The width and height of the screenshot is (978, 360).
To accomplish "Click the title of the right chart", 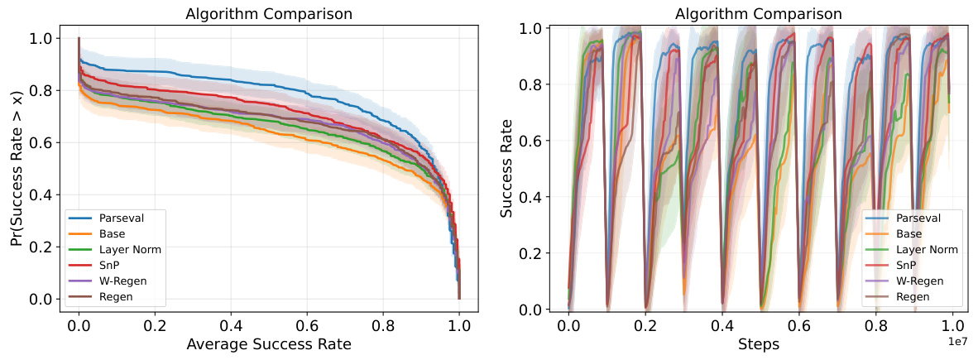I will point(759,14).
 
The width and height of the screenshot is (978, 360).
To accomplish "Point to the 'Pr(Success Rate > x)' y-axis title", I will point(17,168).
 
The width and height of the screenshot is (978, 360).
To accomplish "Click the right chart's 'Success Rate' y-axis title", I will point(507,168).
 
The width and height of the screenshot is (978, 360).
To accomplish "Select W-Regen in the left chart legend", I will point(123,281).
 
